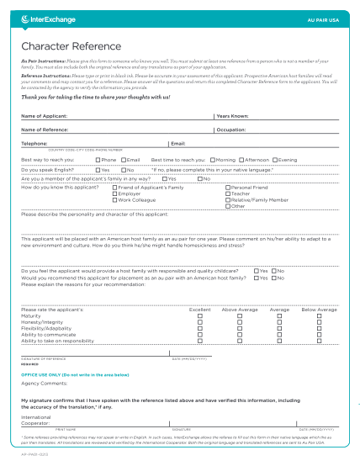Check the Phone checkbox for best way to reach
coord(98,159)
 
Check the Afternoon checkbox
coord(241,159)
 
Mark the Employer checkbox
coord(114,193)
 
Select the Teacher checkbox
coord(227,193)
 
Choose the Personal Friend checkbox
coord(227,187)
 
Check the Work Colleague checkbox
coord(114,199)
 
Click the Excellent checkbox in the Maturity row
coord(200,315)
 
